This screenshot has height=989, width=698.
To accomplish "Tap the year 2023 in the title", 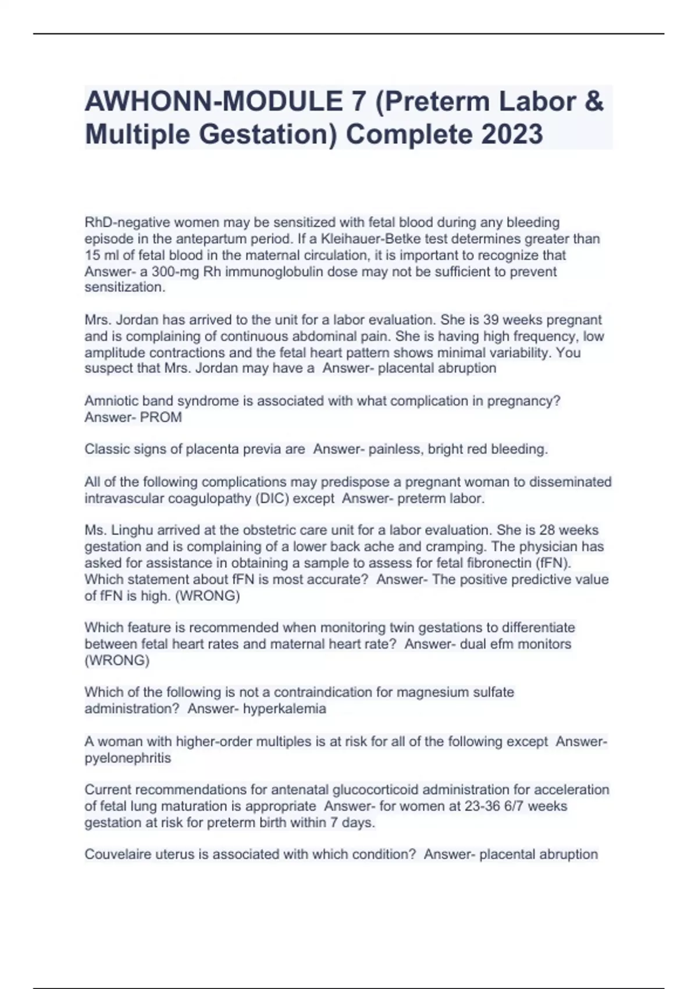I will (x=512, y=134).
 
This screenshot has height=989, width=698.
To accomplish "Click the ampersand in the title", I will (x=593, y=102).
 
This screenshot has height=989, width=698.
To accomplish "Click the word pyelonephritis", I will (x=128, y=758).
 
